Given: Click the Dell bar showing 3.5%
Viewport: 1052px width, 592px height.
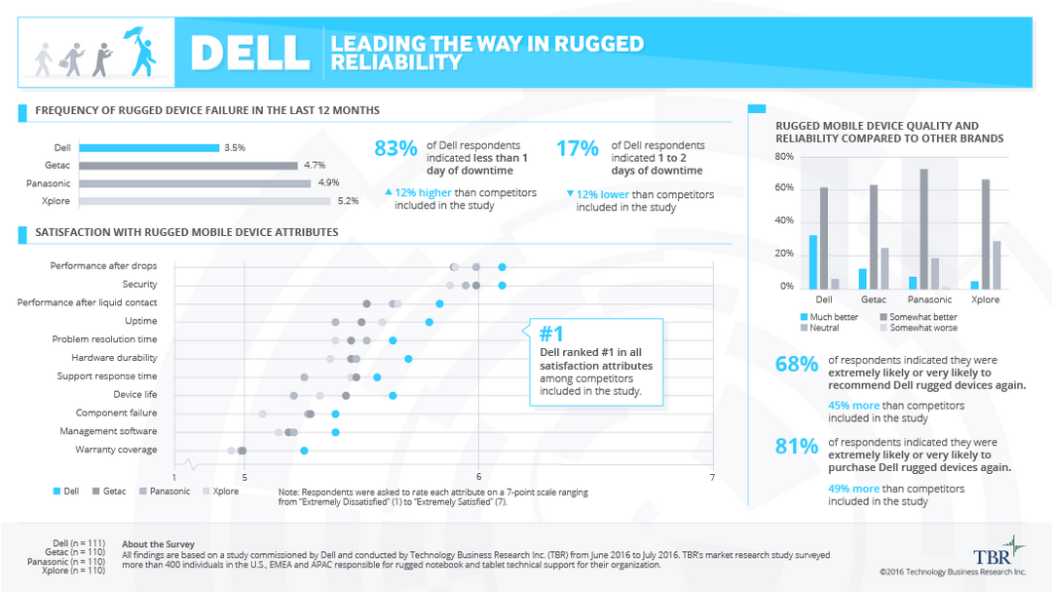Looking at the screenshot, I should (x=149, y=148).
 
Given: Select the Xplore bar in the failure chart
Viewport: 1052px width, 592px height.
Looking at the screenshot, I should (x=205, y=201).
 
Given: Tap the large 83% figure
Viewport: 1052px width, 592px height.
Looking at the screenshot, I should (x=395, y=148).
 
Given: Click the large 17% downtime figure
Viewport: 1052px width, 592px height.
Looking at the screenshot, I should (x=577, y=148).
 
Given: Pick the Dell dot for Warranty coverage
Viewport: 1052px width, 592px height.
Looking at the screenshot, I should (x=304, y=451).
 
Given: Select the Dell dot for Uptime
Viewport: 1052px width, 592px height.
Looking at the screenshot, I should (x=429, y=322).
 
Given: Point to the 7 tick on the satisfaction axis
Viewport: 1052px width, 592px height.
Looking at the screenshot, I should (x=712, y=477).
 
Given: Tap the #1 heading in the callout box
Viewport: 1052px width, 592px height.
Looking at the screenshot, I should (x=552, y=333).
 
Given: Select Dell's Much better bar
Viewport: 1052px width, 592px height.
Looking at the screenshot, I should (x=813, y=261).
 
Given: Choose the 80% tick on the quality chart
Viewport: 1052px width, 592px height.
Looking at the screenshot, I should (x=784, y=157).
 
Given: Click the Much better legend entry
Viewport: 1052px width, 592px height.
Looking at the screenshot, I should (x=829, y=317).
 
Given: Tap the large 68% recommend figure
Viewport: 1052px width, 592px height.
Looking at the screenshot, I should (x=796, y=365).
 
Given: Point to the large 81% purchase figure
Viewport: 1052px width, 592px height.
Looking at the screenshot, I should (x=796, y=447).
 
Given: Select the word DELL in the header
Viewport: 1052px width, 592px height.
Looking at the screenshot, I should (x=250, y=53).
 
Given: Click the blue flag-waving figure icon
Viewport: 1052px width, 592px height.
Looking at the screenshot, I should (x=142, y=52).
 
